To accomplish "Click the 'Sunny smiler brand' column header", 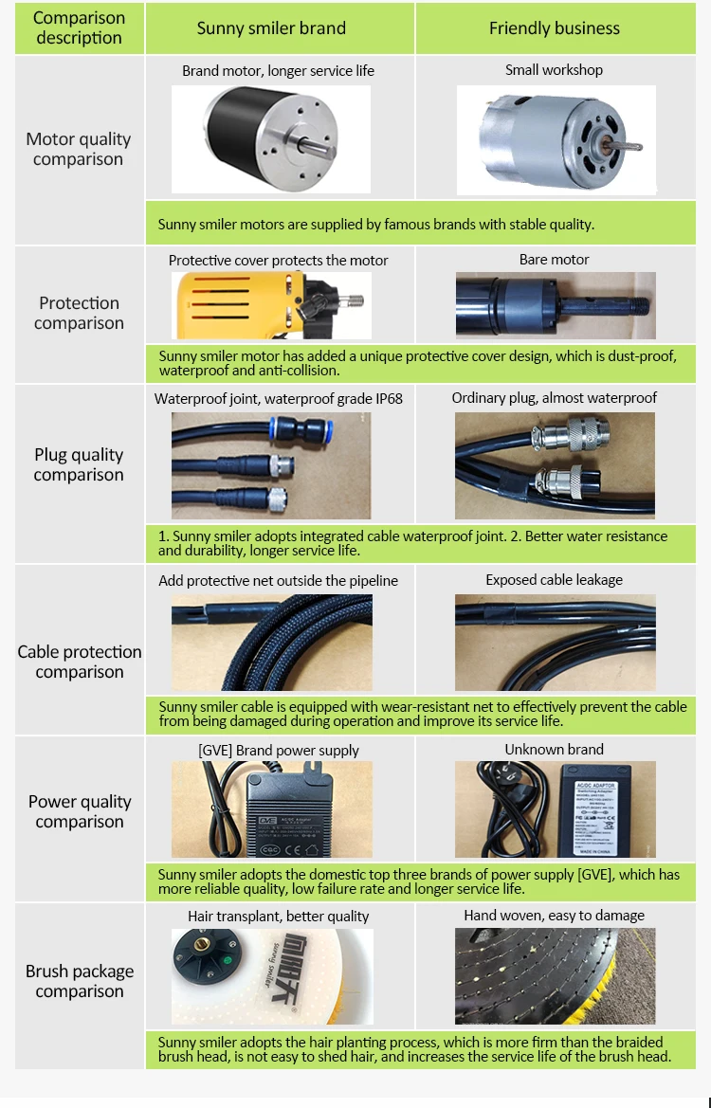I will [x=271, y=28].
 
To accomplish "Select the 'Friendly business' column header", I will [x=554, y=28].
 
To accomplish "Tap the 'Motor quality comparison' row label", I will [x=79, y=149].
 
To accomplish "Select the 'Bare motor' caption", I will [x=554, y=260].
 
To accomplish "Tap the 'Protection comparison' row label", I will [x=79, y=313].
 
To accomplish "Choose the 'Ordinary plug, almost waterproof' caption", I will [x=554, y=398].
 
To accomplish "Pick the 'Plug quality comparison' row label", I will [x=79, y=464].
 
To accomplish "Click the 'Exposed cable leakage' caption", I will [x=554, y=580].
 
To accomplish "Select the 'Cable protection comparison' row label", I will [x=79, y=662].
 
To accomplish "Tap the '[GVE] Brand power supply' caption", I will [x=279, y=751].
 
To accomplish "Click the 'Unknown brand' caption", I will [x=554, y=750].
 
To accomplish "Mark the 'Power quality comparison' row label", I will [x=79, y=811].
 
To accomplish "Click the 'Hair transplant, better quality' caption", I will [x=278, y=917].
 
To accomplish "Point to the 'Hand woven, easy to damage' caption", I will [x=554, y=916].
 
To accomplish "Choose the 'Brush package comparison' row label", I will [x=79, y=981].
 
